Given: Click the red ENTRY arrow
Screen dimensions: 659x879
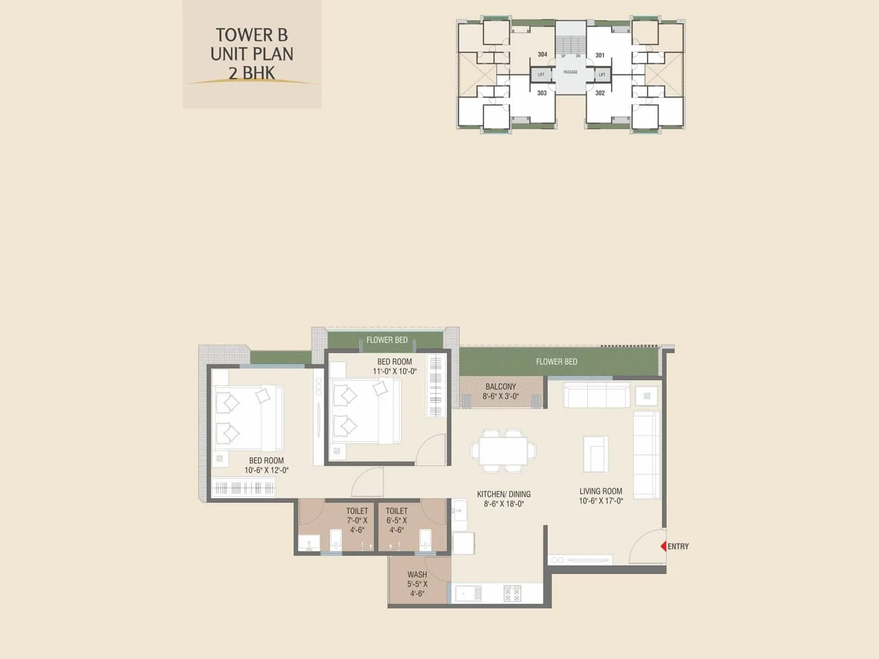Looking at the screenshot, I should pos(663,546).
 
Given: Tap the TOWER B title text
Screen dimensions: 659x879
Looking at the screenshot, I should pos(252,35).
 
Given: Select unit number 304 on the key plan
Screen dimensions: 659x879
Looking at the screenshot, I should pos(542,54).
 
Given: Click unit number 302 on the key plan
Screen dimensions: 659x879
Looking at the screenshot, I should pos(600,93).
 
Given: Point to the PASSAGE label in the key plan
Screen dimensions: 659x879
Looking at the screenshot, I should pos(570,72).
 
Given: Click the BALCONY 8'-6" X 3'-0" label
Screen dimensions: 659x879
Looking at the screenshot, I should pos(500,391).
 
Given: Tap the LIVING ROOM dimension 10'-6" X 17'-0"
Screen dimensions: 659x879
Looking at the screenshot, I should pos(600,501).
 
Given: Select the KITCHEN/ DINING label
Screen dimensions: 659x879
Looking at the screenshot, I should pos(503,494).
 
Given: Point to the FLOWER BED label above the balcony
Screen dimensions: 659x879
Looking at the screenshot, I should pos(556,361).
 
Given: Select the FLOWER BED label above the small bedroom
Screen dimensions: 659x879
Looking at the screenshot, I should pos(387,340).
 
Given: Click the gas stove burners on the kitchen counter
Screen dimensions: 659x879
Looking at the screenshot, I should pos(512,593).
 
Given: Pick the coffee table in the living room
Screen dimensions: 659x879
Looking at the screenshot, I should pos(596,454).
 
